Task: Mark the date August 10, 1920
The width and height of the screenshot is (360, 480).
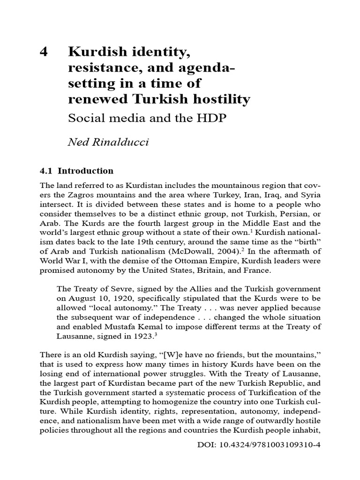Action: [x=92, y=298]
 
